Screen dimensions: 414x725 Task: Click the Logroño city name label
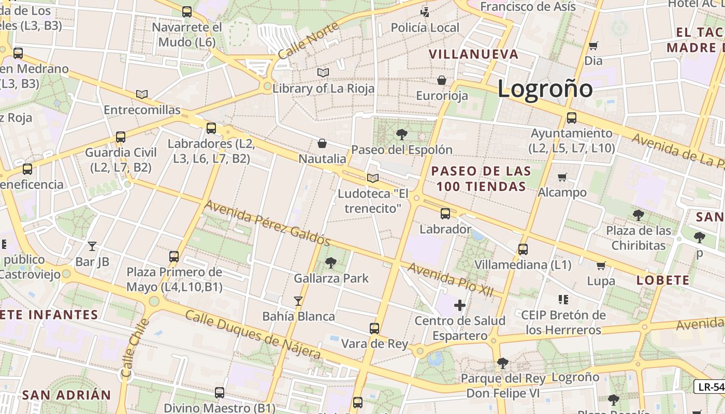click(545, 88)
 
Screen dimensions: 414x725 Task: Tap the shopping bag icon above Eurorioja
click(442, 80)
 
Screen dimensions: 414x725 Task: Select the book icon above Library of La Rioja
click(323, 72)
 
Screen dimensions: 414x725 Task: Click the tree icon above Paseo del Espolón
click(401, 135)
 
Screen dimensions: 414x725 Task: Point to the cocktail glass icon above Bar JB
click(92, 246)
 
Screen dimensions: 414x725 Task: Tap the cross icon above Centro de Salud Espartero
click(459, 305)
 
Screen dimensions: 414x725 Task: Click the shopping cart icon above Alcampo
click(562, 178)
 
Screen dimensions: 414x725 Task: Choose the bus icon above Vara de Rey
click(374, 328)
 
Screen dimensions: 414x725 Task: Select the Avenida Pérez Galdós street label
click(267, 223)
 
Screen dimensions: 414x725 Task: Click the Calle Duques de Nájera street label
click(253, 335)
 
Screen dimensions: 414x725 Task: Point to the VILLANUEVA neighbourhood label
click(473, 54)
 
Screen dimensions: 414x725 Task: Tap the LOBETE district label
click(663, 280)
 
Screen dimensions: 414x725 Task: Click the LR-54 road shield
click(709, 386)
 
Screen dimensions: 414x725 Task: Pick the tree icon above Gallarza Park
click(330, 263)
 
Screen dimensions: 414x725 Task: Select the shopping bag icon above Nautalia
click(322, 143)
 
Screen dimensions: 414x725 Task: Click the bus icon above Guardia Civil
click(121, 137)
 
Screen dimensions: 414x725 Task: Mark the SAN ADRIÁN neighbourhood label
click(66, 395)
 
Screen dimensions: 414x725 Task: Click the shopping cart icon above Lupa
click(601, 266)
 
